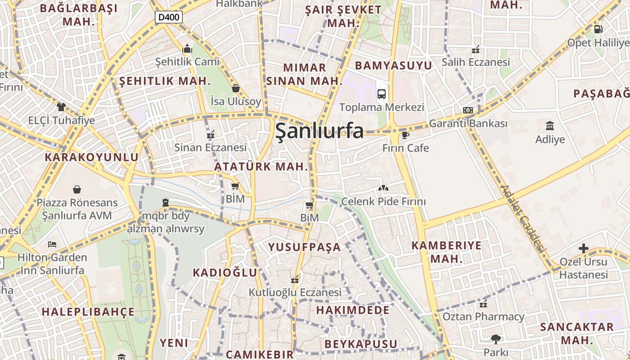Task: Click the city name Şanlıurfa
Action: click(x=319, y=131)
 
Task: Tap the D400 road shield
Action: click(x=169, y=18)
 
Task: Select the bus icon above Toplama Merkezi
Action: click(x=382, y=94)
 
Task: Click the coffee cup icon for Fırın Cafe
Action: click(x=405, y=135)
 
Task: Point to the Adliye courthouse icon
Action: click(x=549, y=126)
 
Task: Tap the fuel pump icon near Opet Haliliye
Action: click(x=598, y=29)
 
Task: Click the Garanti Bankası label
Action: click(x=468, y=123)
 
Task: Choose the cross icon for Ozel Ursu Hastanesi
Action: click(x=583, y=248)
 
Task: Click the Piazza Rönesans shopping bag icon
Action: click(x=77, y=189)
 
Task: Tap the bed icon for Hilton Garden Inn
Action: click(x=52, y=244)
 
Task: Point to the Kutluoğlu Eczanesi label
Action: click(x=295, y=292)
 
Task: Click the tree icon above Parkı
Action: click(x=496, y=339)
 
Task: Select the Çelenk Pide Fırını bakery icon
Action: click(x=383, y=188)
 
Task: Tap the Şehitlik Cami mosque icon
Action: click(x=187, y=49)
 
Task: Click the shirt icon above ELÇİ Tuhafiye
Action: click(x=61, y=107)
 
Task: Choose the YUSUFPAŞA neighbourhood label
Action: click(x=305, y=247)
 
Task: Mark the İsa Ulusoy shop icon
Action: click(x=235, y=88)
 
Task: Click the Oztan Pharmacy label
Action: click(x=483, y=316)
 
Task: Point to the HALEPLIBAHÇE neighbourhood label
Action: click(x=88, y=312)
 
